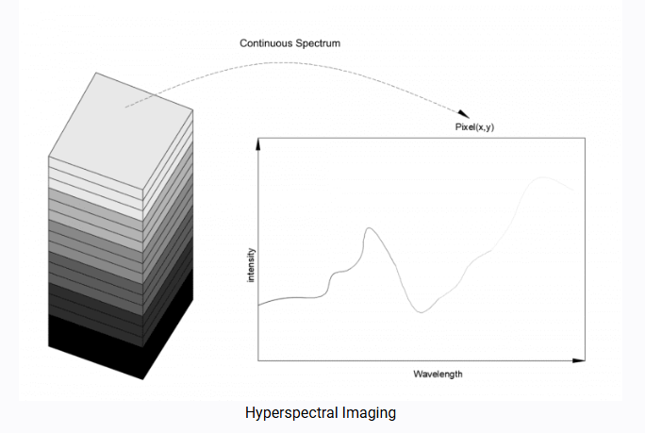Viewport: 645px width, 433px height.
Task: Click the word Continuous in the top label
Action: coord(266,44)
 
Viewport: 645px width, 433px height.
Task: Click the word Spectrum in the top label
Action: coord(320,44)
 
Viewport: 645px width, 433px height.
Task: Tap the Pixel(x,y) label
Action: coord(468,126)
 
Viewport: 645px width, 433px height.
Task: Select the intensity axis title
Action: coord(251,265)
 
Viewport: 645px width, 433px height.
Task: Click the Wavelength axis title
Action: coord(438,375)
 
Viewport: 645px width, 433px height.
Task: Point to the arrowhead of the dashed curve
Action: coord(462,112)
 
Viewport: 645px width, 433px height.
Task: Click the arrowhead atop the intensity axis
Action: coord(258,142)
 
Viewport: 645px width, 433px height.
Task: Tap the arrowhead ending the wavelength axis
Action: coord(581,359)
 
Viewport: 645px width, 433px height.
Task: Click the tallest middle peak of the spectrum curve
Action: coord(368,228)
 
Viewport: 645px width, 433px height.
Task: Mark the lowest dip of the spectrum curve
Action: coord(422,311)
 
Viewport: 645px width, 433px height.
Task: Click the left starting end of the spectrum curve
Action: coord(260,305)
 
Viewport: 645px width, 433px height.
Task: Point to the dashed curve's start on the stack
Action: coord(126,107)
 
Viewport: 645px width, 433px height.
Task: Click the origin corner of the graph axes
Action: coord(258,359)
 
